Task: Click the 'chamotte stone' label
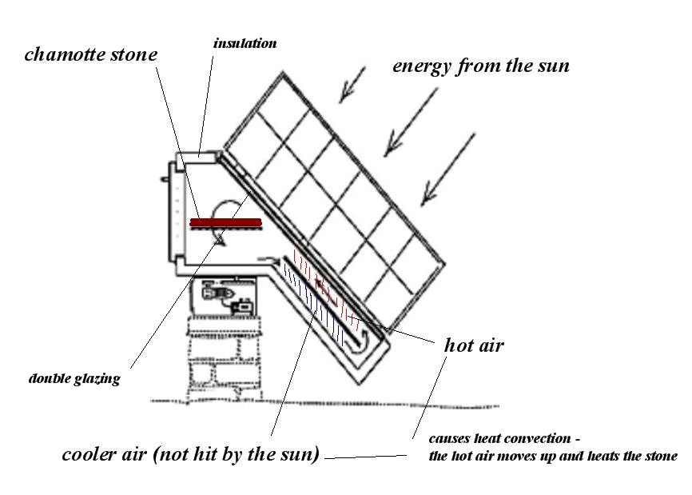90,54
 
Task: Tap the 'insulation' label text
245,43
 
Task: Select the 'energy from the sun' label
480,66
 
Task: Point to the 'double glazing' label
74,378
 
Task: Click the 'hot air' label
473,346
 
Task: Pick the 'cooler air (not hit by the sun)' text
191,455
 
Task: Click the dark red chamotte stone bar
226,222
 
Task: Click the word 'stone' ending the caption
662,456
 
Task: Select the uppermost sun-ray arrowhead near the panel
344,97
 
